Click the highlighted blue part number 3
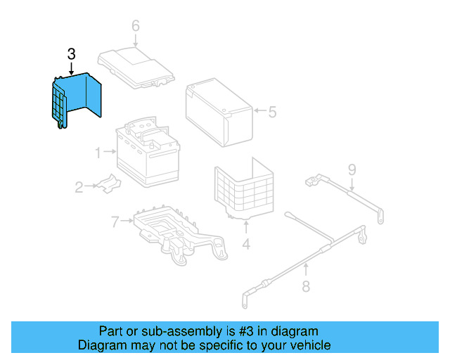(79, 98)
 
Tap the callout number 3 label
(71, 53)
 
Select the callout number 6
(136, 26)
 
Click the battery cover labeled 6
(137, 67)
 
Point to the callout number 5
(272, 111)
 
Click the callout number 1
(99, 150)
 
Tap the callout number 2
(79, 187)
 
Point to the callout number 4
(246, 245)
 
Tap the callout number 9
(352, 169)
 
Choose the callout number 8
(306, 285)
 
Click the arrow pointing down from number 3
(71, 67)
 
